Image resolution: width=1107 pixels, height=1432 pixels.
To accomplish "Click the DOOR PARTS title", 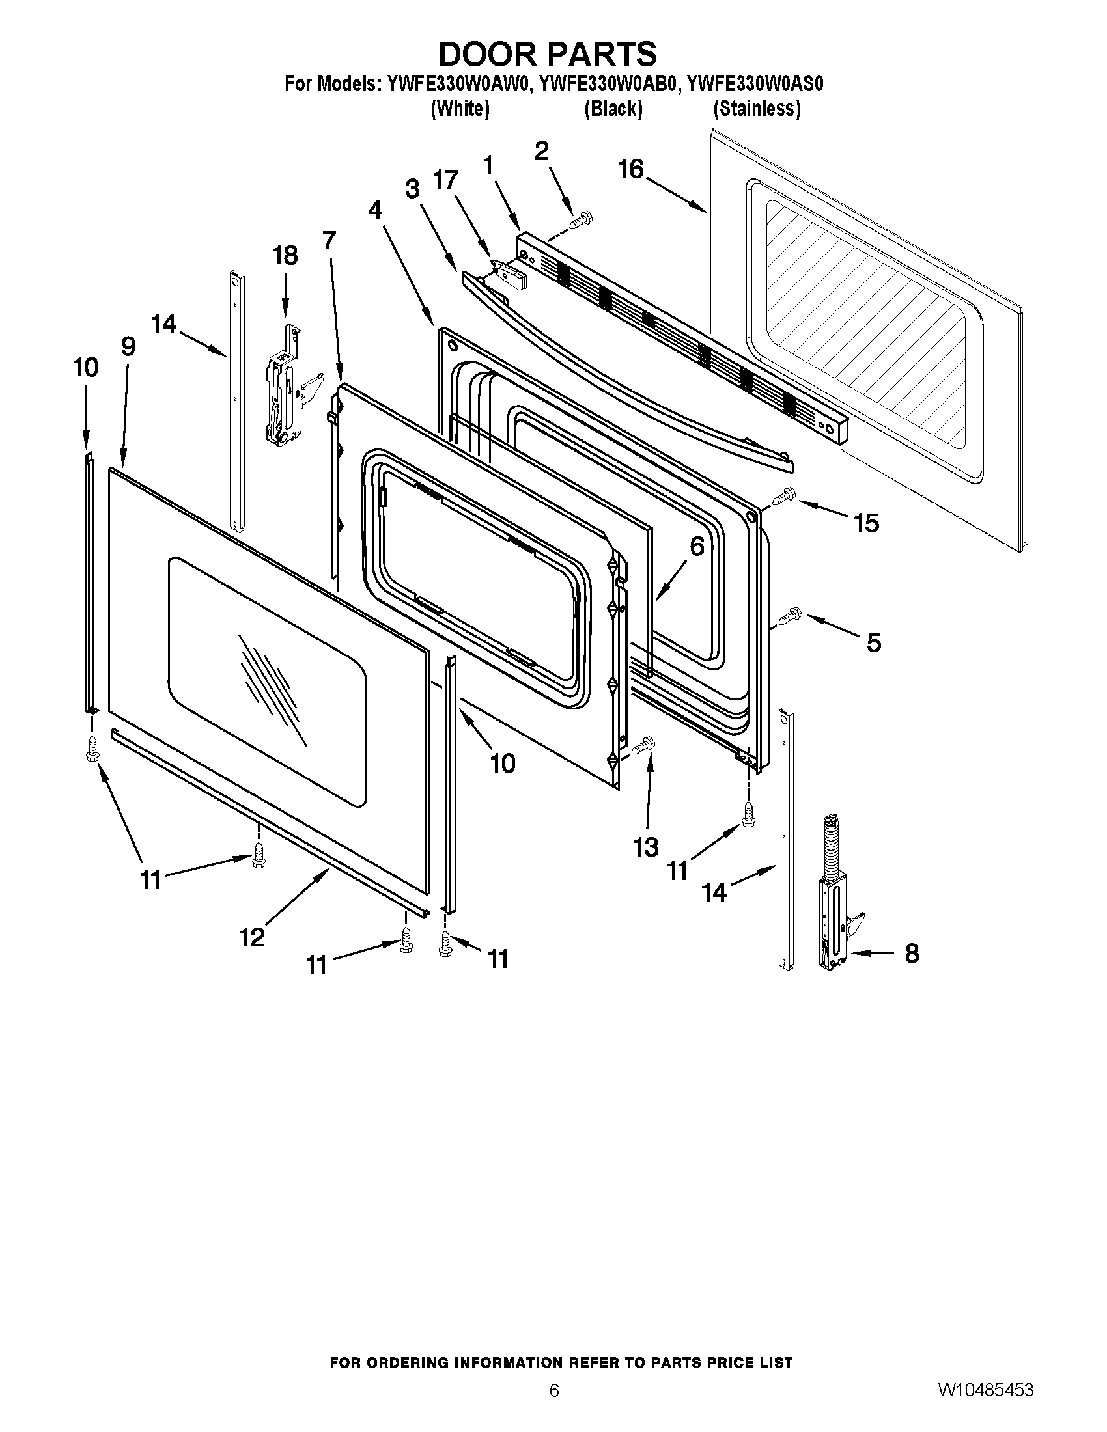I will pos(547,54).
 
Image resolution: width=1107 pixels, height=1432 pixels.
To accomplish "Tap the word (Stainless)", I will pos(757,109).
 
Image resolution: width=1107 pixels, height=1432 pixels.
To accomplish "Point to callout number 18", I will pos(285,255).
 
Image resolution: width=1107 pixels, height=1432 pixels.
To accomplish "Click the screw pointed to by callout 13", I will pos(644,746).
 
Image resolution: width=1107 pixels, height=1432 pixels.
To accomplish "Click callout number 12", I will pos(252,937).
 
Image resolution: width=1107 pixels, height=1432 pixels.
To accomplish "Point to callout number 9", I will pos(128,346).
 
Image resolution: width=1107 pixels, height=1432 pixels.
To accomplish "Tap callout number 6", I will pos(697,546).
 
